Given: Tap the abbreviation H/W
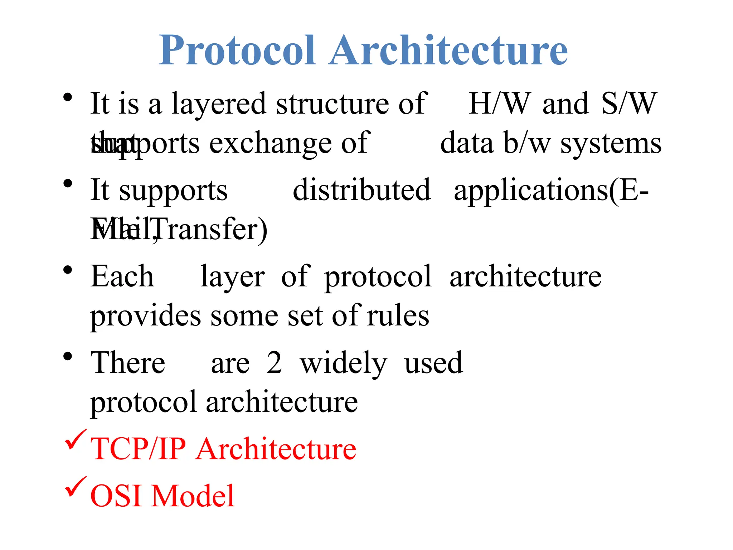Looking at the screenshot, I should point(499,104).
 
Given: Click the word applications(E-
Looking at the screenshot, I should point(551,190).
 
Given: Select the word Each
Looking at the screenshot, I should point(122,276).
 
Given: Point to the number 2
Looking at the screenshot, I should point(274,363).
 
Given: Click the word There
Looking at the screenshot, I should point(128,363).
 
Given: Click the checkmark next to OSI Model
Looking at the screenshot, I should point(75,487).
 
